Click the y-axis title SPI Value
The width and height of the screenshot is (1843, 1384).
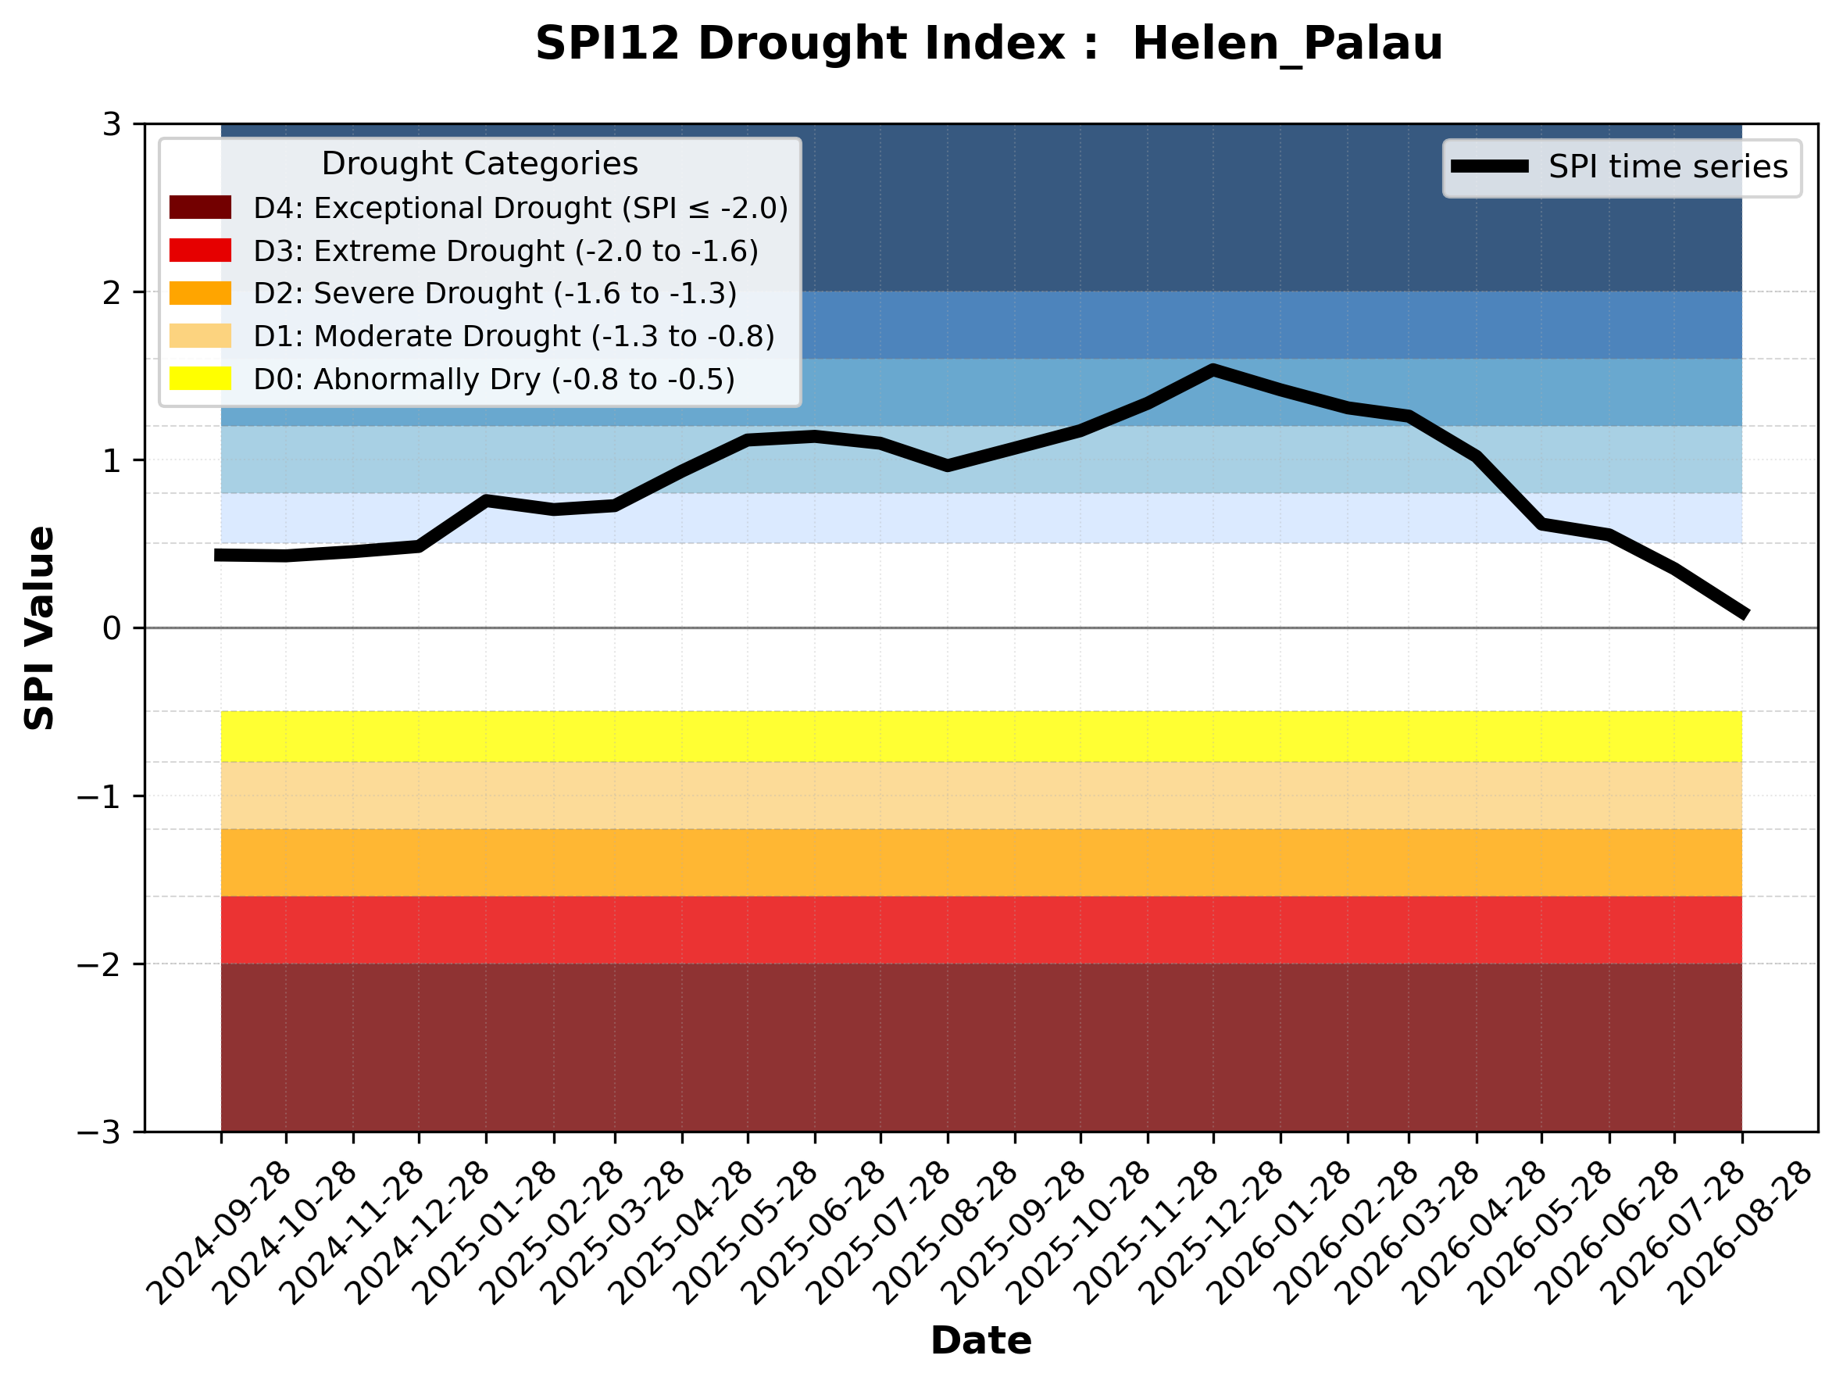[x=39, y=628]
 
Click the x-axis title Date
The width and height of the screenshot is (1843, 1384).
[x=980, y=1341]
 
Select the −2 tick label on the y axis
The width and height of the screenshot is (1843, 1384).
[x=99, y=964]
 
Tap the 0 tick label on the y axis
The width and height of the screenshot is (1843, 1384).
[x=112, y=628]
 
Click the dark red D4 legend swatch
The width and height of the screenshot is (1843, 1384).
[x=200, y=207]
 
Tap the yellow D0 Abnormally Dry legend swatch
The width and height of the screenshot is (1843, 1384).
[x=200, y=378]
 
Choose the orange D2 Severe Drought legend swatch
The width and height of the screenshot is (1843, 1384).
[x=200, y=293]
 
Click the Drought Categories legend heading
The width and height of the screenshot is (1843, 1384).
[x=480, y=164]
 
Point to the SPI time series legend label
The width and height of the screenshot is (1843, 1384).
[x=1668, y=167]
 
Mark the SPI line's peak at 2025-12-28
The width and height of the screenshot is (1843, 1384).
[x=1213, y=370]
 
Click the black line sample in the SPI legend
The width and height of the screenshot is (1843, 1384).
[x=1490, y=166]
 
